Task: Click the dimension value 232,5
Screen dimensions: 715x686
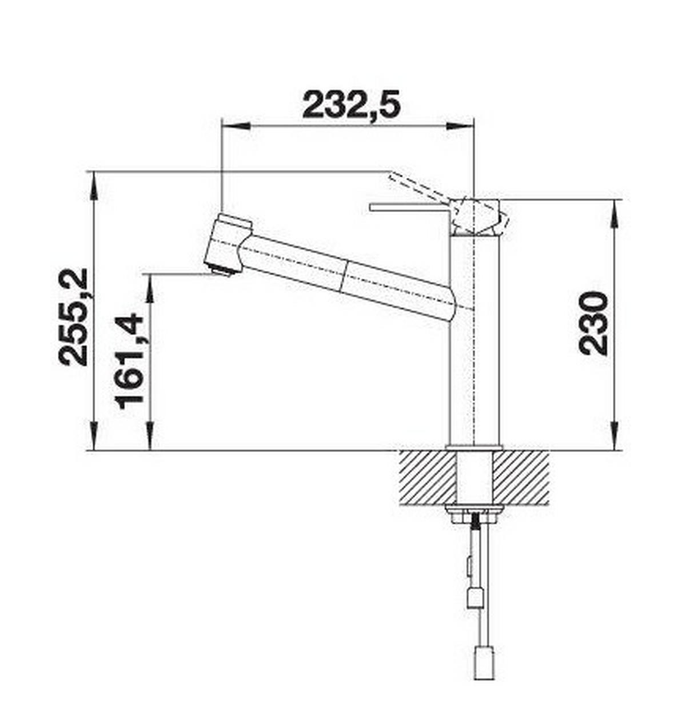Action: click(351, 104)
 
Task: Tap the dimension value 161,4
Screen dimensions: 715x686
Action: click(130, 361)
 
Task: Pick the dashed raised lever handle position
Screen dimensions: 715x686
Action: click(414, 186)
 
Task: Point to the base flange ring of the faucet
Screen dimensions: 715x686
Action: click(474, 447)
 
